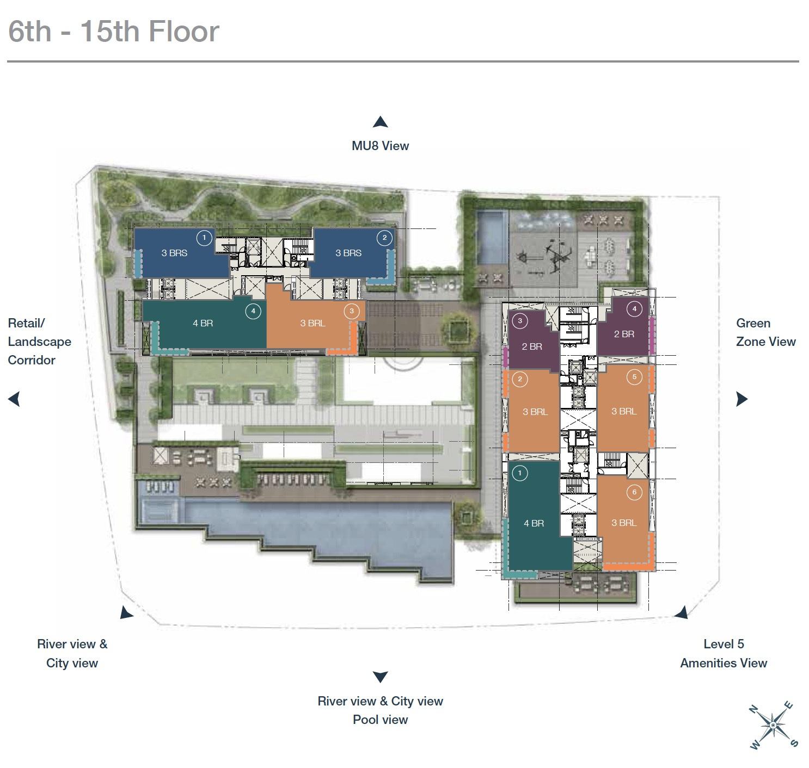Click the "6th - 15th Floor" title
pos(114,31)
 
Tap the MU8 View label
pos(380,146)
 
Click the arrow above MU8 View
pos(380,122)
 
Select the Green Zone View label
pos(766,332)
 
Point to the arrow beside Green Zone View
pos(741,399)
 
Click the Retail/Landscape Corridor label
pos(40,341)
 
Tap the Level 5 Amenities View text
pos(724,653)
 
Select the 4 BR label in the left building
pos(203,323)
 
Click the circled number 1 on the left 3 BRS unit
pos(204,238)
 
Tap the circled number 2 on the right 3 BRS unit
pos(384,238)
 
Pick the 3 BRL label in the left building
pos(312,323)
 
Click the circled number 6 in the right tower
pos(634,492)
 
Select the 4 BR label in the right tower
pos(534,523)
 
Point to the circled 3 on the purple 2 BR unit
pos(520,321)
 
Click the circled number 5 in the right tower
pos(634,377)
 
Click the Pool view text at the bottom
pos(380,720)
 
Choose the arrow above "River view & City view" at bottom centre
pos(380,677)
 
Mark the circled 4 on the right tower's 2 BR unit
pos(634,309)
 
